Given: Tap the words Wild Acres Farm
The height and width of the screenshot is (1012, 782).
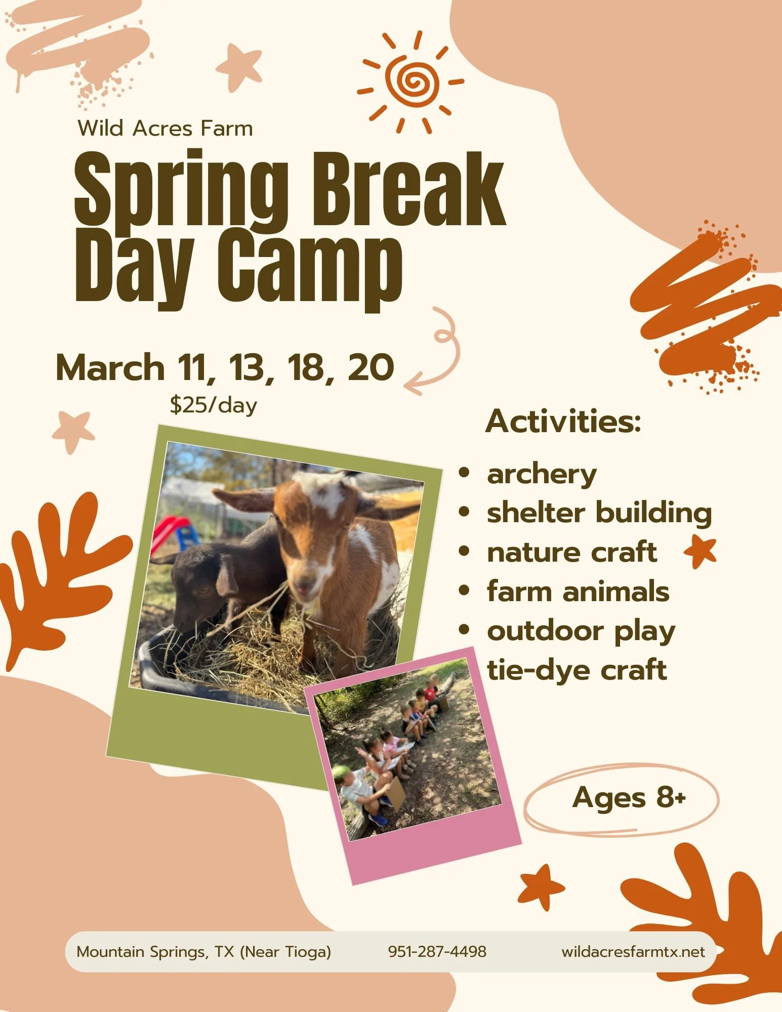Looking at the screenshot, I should click(165, 129).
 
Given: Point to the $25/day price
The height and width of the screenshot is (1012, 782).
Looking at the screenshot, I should click(214, 405).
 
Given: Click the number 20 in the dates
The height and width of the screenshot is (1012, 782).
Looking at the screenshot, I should click(371, 367).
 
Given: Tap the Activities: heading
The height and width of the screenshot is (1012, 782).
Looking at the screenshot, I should click(563, 421).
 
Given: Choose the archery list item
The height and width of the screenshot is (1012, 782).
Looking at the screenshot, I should click(542, 475).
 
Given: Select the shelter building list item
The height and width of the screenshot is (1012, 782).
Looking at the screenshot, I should click(599, 513).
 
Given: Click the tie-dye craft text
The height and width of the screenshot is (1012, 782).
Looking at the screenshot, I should click(577, 670).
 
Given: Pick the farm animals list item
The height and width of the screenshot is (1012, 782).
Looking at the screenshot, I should click(578, 592).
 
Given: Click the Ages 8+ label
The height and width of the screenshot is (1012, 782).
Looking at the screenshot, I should click(629, 798).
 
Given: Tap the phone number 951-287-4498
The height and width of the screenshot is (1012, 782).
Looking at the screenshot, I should click(437, 952).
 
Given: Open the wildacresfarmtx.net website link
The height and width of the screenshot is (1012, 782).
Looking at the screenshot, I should click(633, 952).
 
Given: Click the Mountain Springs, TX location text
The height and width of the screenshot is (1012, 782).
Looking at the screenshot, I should click(203, 952).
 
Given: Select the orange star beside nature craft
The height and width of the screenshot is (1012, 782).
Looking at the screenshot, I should click(701, 552).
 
